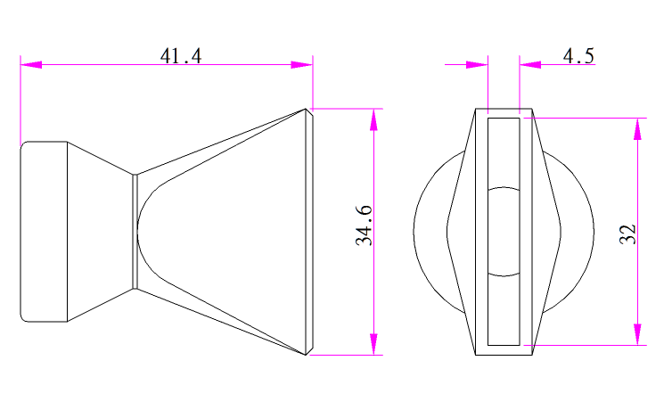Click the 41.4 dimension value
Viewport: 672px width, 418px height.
coord(180,56)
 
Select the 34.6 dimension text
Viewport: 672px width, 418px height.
coord(364,225)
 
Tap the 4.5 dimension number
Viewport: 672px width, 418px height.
coord(578,56)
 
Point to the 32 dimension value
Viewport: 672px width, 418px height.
coord(627,234)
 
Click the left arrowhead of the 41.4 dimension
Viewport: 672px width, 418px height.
coord(31,65)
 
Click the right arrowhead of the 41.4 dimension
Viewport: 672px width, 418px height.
coord(302,65)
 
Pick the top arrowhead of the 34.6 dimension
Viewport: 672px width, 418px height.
coord(374,119)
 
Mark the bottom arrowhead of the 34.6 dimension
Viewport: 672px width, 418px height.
coord(374,344)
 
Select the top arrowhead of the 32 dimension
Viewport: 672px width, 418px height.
coord(638,128)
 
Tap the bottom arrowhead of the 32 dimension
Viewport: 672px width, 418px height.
coord(638,334)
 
